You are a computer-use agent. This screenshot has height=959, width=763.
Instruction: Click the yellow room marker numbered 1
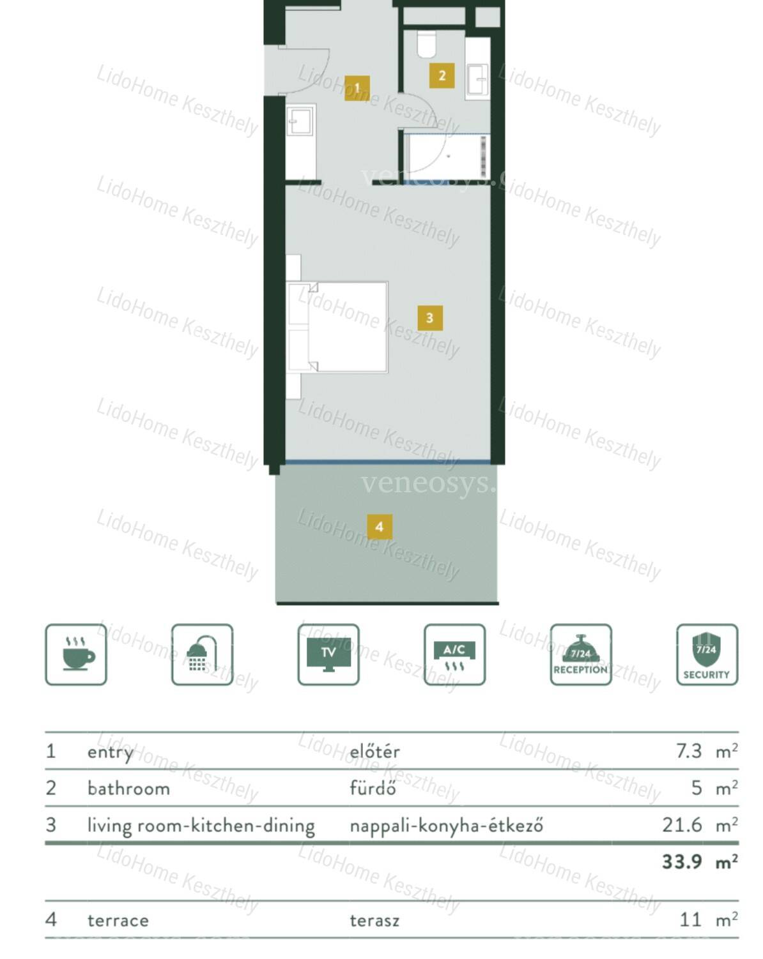357,87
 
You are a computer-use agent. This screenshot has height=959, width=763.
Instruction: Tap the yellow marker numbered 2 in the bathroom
442,75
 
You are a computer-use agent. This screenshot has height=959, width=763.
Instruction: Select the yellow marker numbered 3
430,318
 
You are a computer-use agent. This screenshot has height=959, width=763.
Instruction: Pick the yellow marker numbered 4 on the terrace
379,527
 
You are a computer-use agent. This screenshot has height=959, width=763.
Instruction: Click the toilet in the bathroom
426,43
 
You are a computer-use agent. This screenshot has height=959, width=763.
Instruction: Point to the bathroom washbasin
477,79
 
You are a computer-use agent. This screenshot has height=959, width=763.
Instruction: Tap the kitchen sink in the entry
300,121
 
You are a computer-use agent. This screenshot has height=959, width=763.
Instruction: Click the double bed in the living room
337,327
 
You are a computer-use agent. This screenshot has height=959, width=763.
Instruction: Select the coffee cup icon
76,654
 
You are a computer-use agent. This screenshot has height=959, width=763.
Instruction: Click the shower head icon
202,654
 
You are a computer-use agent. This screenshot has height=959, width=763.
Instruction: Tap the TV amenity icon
328,654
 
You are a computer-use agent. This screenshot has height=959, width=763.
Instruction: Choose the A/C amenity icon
454,654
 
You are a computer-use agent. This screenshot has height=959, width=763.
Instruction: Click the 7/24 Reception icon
581,654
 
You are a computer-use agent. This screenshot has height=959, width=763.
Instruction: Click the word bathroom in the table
128,789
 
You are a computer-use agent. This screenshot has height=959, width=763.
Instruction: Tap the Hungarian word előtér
374,751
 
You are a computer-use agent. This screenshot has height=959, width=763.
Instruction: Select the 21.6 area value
682,825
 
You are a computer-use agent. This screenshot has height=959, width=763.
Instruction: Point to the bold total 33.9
682,861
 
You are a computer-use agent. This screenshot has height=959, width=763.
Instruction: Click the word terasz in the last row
374,920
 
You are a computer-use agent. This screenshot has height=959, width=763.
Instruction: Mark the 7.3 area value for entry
688,751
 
